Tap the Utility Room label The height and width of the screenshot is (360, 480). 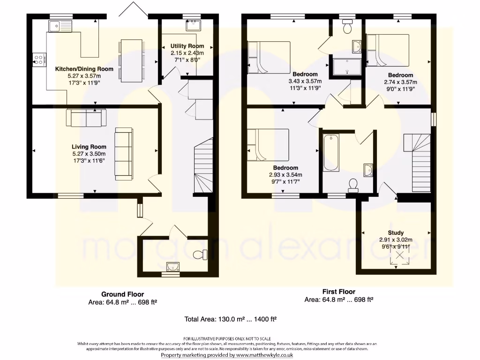187,46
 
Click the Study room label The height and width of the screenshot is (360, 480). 395,233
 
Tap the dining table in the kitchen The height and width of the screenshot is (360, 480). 132,60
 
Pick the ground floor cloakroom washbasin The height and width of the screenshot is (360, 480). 173,267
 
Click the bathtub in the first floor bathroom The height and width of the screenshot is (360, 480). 331,152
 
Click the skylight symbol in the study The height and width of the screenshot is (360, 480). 400,255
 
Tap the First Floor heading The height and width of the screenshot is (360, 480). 338,292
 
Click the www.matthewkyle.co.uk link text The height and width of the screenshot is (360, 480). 264,355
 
